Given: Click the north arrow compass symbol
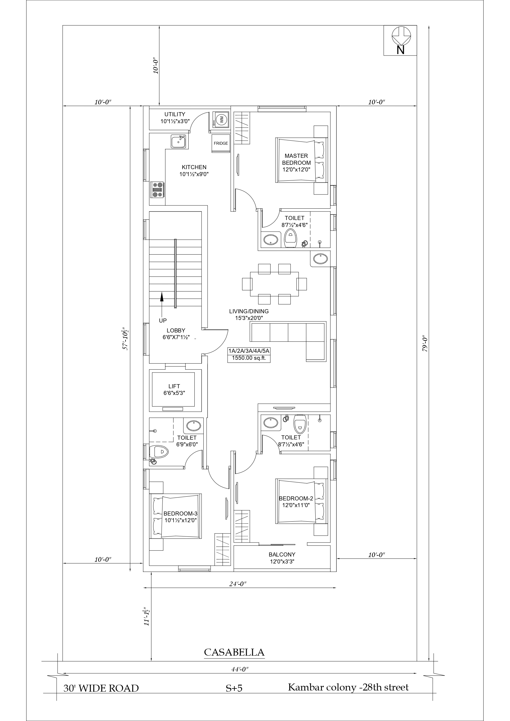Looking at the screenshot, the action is coord(401,36).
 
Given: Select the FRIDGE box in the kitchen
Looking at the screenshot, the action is coord(221,144).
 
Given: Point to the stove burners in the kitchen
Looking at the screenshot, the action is coord(157,190).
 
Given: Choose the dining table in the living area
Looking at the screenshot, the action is coord(275,284).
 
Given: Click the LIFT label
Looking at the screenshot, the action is coord(174,386).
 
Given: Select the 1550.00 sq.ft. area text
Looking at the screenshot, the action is coord(249,358).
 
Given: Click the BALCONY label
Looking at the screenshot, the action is coord(282,554).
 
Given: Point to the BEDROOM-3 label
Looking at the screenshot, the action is coord(180,514).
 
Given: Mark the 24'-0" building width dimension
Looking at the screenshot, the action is coord(238,584).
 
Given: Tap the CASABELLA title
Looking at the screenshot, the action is coord(234,652).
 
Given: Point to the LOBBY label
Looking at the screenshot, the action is coord(176,330).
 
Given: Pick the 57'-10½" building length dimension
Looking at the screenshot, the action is coord(126,339).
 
